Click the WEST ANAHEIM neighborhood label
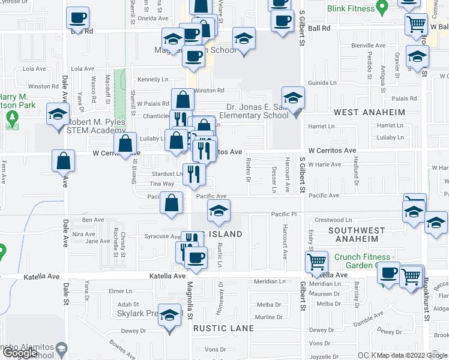point(370,112)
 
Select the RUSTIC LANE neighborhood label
point(223,328)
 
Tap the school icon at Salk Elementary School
point(293,98)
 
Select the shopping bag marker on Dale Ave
point(63,161)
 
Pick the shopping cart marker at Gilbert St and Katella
point(316,262)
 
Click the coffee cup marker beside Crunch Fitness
point(388,273)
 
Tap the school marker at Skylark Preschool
point(170,316)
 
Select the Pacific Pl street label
point(284,214)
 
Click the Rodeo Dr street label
point(248,169)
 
